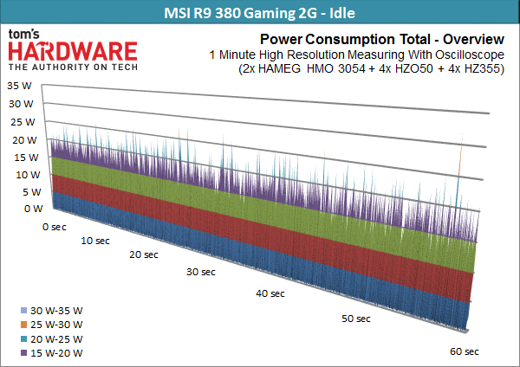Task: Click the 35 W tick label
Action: [x=19, y=86]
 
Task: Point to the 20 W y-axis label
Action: [x=24, y=140]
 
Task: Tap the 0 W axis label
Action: [x=34, y=209]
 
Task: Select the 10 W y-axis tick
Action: [x=28, y=175]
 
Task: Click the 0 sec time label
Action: [x=55, y=227]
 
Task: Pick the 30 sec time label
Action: [x=201, y=272]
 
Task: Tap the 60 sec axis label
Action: [x=465, y=351]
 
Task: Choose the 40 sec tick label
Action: [x=270, y=293]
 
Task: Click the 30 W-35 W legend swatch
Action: [x=23, y=311]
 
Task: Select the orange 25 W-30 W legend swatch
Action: [x=23, y=325]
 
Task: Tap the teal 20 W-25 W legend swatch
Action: [x=23, y=338]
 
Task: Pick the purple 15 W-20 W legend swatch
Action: [x=23, y=353]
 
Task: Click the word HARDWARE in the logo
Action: [x=73, y=51]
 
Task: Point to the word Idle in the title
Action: [x=342, y=13]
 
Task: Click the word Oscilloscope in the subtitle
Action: [x=470, y=55]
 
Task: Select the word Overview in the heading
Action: [x=473, y=40]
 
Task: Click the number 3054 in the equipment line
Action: [x=352, y=68]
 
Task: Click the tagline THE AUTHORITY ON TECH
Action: [x=73, y=67]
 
